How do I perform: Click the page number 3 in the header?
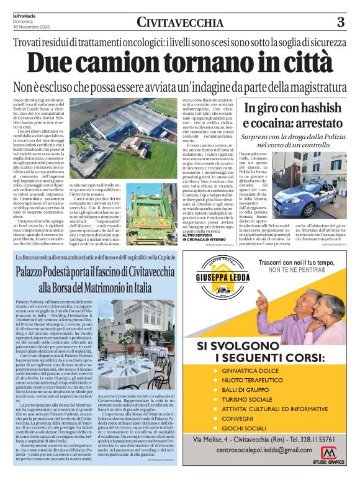(340, 22)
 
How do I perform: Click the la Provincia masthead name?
(24, 15)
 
